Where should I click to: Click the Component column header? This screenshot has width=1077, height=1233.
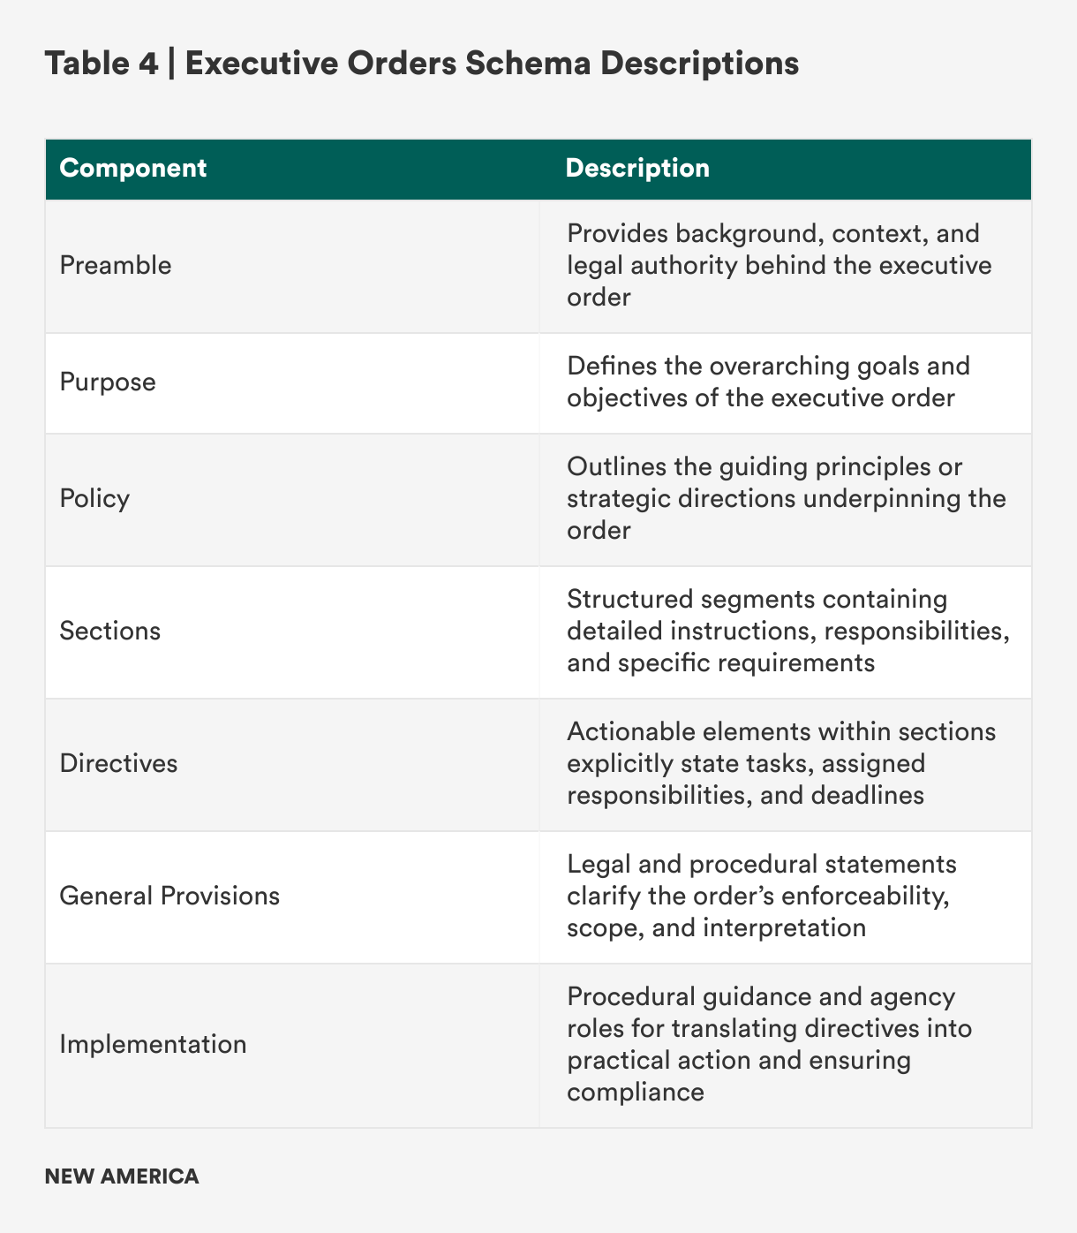(133, 168)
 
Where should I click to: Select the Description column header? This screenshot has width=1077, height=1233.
(637, 168)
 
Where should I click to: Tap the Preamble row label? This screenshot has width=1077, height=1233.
(116, 265)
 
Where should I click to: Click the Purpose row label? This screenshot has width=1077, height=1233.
(108, 382)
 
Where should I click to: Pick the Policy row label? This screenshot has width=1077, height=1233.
(94, 498)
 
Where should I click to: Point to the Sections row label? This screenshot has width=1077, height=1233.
(110, 631)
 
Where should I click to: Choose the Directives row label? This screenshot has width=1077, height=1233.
(118, 763)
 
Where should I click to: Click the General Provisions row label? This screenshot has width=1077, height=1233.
(169, 896)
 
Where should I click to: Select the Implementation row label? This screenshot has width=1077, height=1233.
(153, 1044)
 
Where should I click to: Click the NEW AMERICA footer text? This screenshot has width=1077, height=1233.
(122, 1176)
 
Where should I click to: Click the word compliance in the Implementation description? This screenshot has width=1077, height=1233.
(636, 1092)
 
